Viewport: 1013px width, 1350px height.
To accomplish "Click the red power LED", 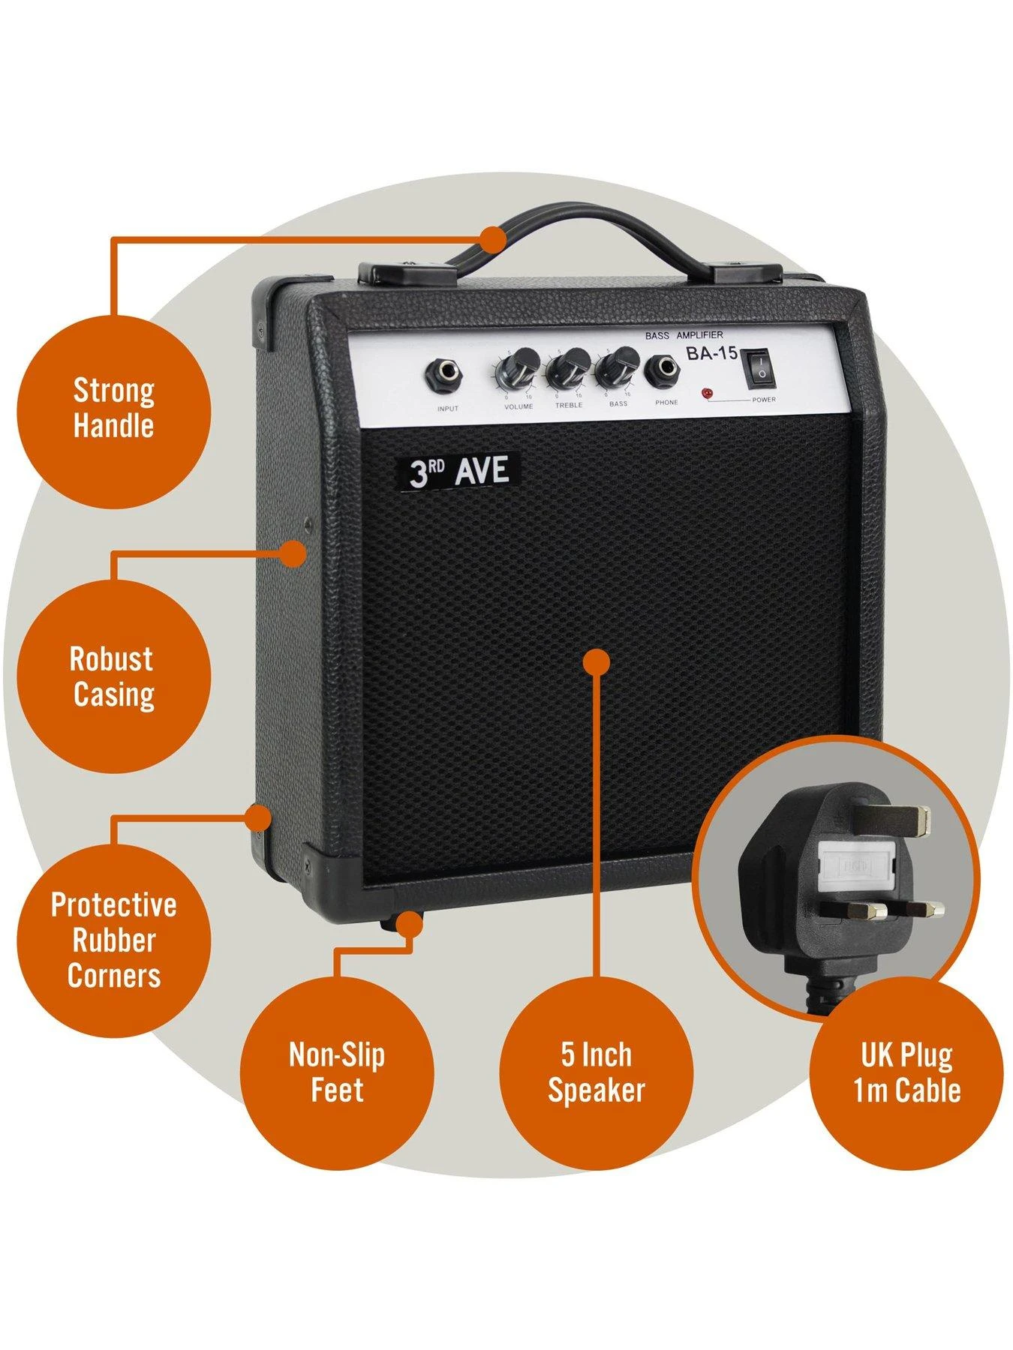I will [x=706, y=393].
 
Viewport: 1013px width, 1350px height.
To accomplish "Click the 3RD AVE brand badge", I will [x=458, y=472].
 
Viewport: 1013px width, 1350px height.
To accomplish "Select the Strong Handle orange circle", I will [x=113, y=409].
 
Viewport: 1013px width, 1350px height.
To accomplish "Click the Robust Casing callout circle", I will [x=113, y=676].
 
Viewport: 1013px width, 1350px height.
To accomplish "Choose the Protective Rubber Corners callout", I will [x=113, y=940].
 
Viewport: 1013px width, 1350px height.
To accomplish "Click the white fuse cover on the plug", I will [x=860, y=867].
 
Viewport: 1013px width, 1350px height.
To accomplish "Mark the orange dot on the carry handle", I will [x=493, y=239].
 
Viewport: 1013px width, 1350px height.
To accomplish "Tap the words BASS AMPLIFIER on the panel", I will [x=684, y=335].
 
